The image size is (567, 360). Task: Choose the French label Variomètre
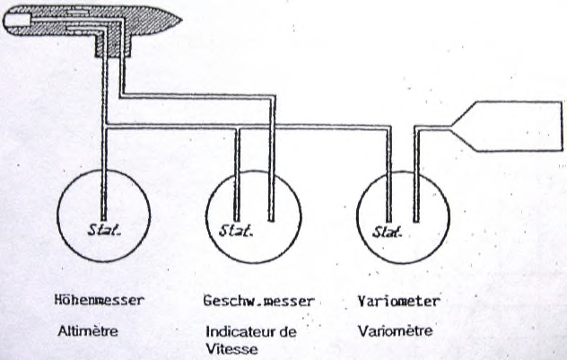[395, 330]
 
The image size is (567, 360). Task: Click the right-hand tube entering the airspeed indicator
[273, 171]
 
